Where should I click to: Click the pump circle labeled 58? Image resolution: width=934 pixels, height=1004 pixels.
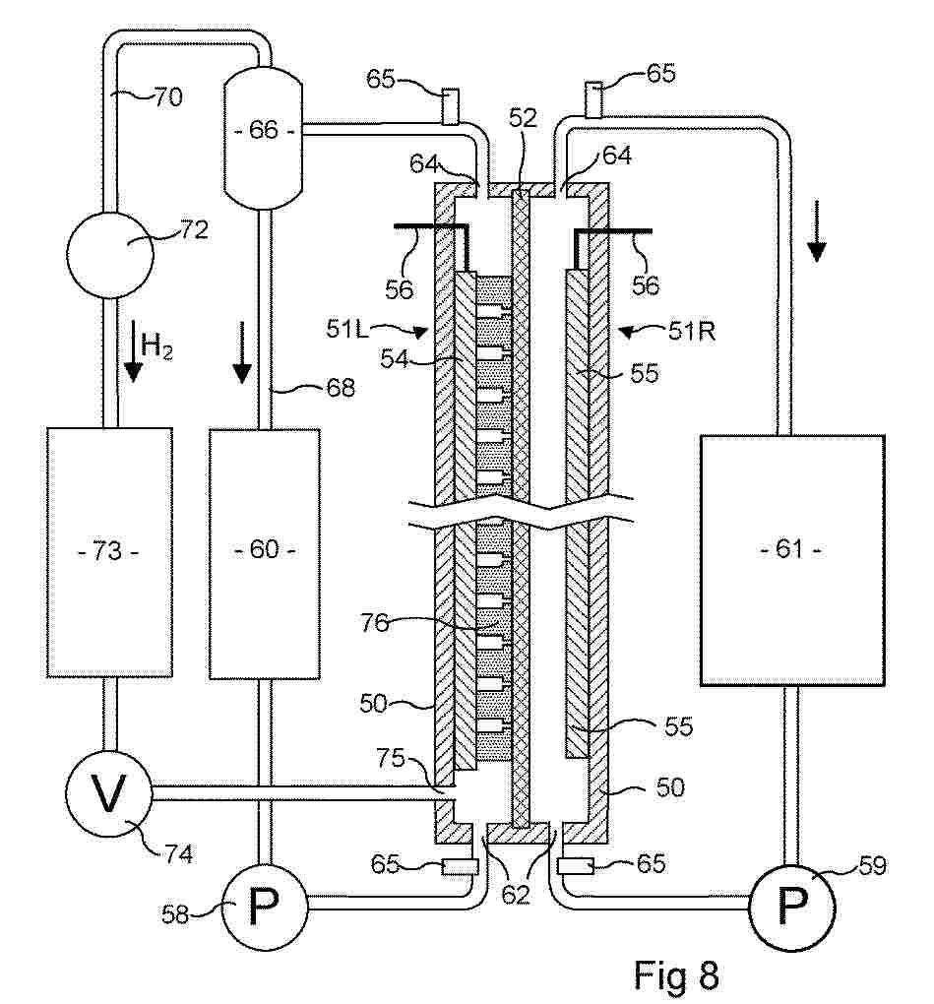click(261, 909)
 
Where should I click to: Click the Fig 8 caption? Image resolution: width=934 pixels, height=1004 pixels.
click(677, 974)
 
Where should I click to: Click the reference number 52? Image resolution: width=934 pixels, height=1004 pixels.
click(524, 118)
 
